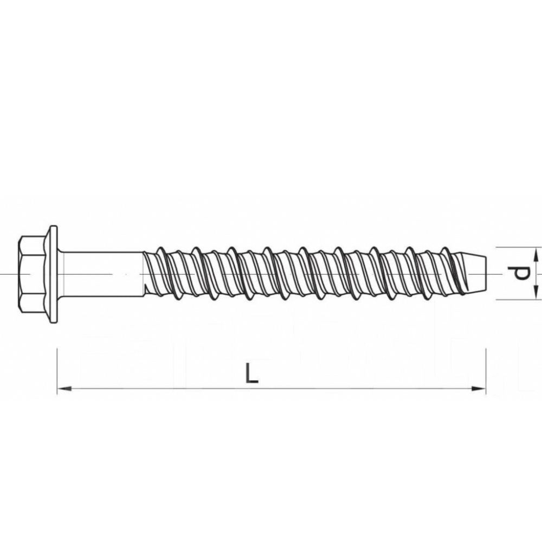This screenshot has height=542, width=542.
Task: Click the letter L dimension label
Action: pyautogui.click(x=251, y=373)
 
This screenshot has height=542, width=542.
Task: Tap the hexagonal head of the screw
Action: pyautogui.click(x=32, y=274)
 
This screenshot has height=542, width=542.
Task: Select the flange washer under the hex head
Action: pyautogui.click(x=53, y=274)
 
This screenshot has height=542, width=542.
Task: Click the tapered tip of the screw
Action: pyautogui.click(x=470, y=273)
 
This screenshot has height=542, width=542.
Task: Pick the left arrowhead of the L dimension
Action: pyautogui.click(x=64, y=389)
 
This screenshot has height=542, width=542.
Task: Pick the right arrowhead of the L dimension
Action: pyautogui.click(x=479, y=389)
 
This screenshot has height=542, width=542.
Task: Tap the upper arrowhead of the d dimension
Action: pyautogui.click(x=535, y=255)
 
